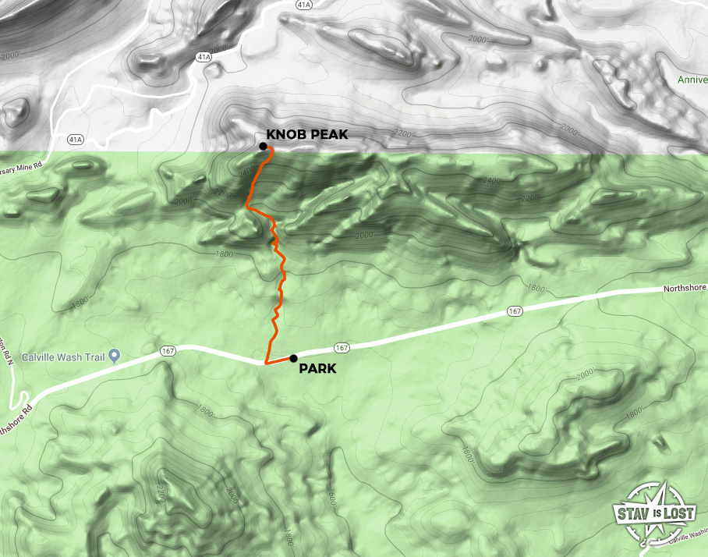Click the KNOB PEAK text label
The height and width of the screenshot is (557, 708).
307,134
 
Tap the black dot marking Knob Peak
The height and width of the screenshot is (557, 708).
264,146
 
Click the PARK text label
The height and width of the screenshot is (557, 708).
318,368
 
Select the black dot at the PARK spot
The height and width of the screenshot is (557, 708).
293,358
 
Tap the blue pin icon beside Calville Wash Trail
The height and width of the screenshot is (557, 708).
115,357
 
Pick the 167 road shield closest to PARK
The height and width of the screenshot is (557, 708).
341,346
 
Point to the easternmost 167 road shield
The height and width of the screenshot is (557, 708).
515,311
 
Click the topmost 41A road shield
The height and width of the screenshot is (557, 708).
304,5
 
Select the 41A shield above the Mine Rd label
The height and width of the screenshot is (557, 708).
75,140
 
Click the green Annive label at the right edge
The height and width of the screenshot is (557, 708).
692,80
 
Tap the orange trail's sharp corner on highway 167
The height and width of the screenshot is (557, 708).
266,364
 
